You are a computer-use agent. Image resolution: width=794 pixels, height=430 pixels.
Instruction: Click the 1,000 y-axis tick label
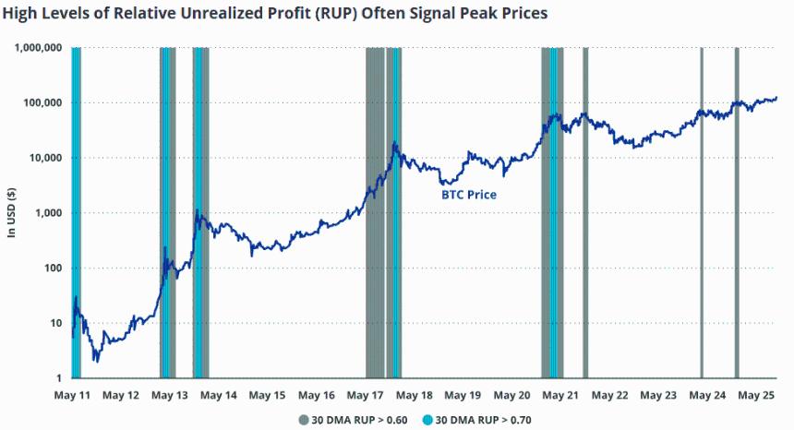coord(48,213)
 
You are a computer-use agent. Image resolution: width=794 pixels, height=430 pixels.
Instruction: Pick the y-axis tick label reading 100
coord(54,269)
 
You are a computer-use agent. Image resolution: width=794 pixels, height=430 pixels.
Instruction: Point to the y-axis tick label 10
coord(56,323)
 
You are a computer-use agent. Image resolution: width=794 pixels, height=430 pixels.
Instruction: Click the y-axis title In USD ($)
coord(11,212)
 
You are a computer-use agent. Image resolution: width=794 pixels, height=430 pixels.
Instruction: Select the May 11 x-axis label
coord(72,395)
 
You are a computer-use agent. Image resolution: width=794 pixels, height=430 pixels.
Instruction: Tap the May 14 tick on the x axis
coord(219,395)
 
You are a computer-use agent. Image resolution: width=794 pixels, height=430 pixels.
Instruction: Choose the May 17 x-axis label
coord(365,395)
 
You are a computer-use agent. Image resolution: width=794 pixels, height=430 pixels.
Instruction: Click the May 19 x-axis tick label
coord(463,395)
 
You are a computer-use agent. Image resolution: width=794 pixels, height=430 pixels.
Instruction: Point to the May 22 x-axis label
coord(609,395)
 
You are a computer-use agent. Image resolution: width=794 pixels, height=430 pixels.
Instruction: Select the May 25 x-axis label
coord(756,395)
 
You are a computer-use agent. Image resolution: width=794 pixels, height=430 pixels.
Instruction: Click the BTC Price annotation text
coord(468,196)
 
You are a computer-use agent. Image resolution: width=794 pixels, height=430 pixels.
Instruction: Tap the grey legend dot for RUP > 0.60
coord(303,420)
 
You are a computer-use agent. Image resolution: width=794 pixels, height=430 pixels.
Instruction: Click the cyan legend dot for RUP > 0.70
coord(427,420)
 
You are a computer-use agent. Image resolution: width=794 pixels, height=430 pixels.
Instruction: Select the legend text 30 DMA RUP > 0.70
coord(484,420)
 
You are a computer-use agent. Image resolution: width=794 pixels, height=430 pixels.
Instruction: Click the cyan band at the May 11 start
coord(76,212)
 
